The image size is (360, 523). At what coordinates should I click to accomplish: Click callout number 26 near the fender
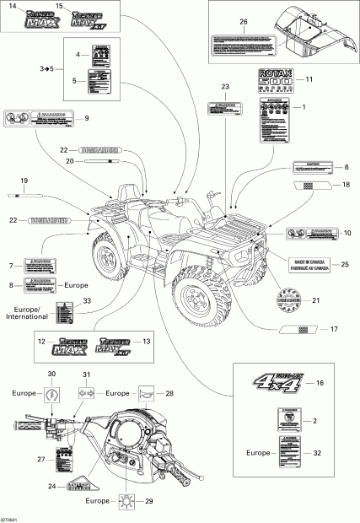244,21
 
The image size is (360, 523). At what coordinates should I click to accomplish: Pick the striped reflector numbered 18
306,184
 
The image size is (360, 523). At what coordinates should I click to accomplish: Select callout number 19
24,180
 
